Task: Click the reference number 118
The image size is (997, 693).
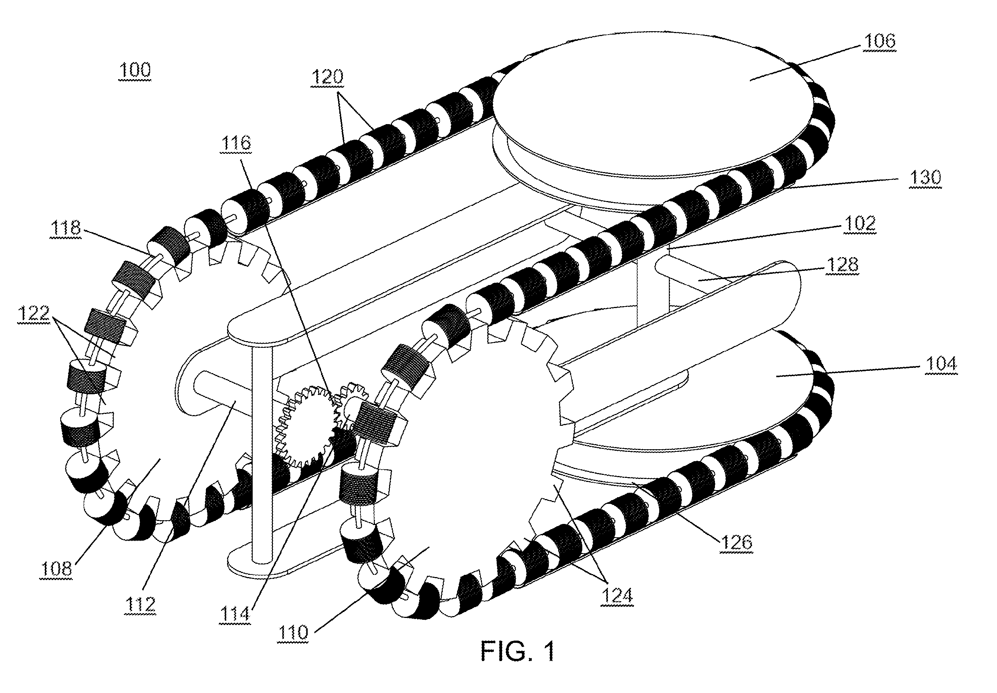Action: pos(65,227)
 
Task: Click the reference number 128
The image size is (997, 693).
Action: pos(842,265)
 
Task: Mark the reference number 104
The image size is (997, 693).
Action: pos(941,364)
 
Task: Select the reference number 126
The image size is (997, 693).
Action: pos(737,543)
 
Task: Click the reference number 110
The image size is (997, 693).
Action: pos(294,632)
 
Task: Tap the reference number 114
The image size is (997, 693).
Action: pos(235,614)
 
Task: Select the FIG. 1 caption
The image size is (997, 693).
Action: pos(518,651)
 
